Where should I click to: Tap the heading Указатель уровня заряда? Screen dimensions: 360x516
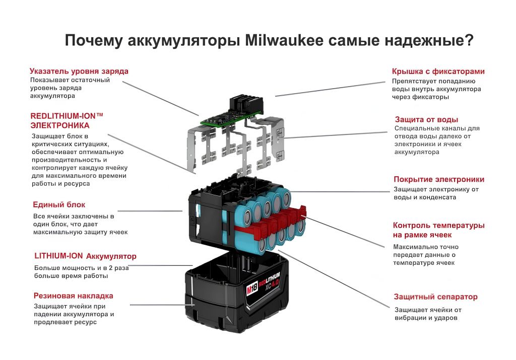point(79,71)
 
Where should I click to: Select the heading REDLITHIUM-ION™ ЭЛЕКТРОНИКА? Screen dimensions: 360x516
point(67,120)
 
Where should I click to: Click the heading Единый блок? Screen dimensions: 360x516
point(59,204)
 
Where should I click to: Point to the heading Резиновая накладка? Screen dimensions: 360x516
point(73,296)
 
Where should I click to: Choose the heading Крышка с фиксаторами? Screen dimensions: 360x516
point(438,71)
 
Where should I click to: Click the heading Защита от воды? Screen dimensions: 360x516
point(426,119)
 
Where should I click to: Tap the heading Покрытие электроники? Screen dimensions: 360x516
point(438,179)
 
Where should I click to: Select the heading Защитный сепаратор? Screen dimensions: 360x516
point(435,297)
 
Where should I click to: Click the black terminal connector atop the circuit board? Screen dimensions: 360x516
point(245,103)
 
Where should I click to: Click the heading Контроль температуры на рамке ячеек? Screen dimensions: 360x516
point(438,230)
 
